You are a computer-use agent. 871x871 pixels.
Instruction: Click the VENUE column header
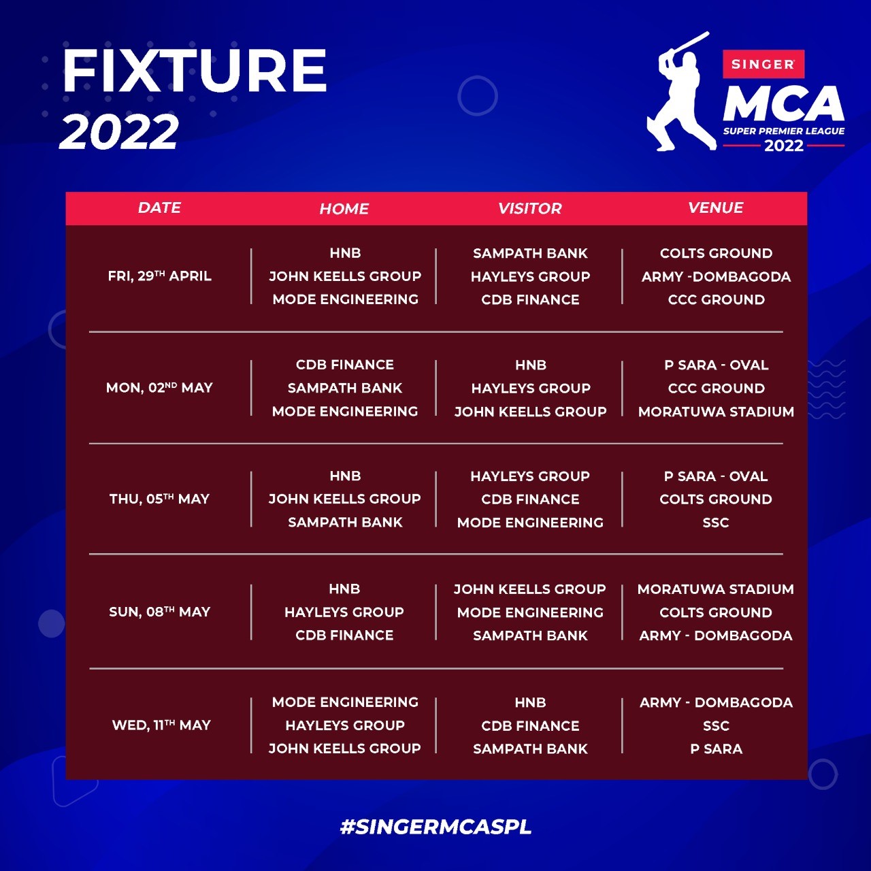(x=715, y=208)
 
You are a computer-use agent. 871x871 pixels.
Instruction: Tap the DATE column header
(x=159, y=208)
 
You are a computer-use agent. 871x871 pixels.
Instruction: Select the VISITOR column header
(x=529, y=208)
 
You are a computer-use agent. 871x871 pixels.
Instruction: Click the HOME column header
(x=344, y=208)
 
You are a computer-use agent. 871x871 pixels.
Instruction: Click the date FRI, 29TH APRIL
(x=159, y=276)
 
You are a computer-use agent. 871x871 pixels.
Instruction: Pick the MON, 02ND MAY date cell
(x=159, y=387)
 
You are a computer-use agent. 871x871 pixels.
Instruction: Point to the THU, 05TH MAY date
(x=159, y=499)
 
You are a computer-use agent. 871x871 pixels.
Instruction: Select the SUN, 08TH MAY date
(x=159, y=612)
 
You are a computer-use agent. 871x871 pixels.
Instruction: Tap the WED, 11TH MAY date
(x=161, y=725)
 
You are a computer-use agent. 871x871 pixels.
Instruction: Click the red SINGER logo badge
(x=763, y=64)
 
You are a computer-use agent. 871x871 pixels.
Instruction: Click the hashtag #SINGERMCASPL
(x=435, y=827)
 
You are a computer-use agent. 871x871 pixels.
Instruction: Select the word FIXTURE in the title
(x=195, y=70)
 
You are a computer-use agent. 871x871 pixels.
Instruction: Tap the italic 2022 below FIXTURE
(x=119, y=131)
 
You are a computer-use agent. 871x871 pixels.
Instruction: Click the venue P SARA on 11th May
(x=716, y=749)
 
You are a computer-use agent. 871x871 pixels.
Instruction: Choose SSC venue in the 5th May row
(x=716, y=523)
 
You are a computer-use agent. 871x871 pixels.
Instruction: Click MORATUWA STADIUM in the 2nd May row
(x=716, y=411)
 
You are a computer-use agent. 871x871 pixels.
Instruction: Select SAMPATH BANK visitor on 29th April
(x=530, y=253)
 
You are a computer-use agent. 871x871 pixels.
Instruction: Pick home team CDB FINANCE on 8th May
(x=344, y=635)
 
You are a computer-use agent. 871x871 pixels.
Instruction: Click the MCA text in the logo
(x=783, y=103)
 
